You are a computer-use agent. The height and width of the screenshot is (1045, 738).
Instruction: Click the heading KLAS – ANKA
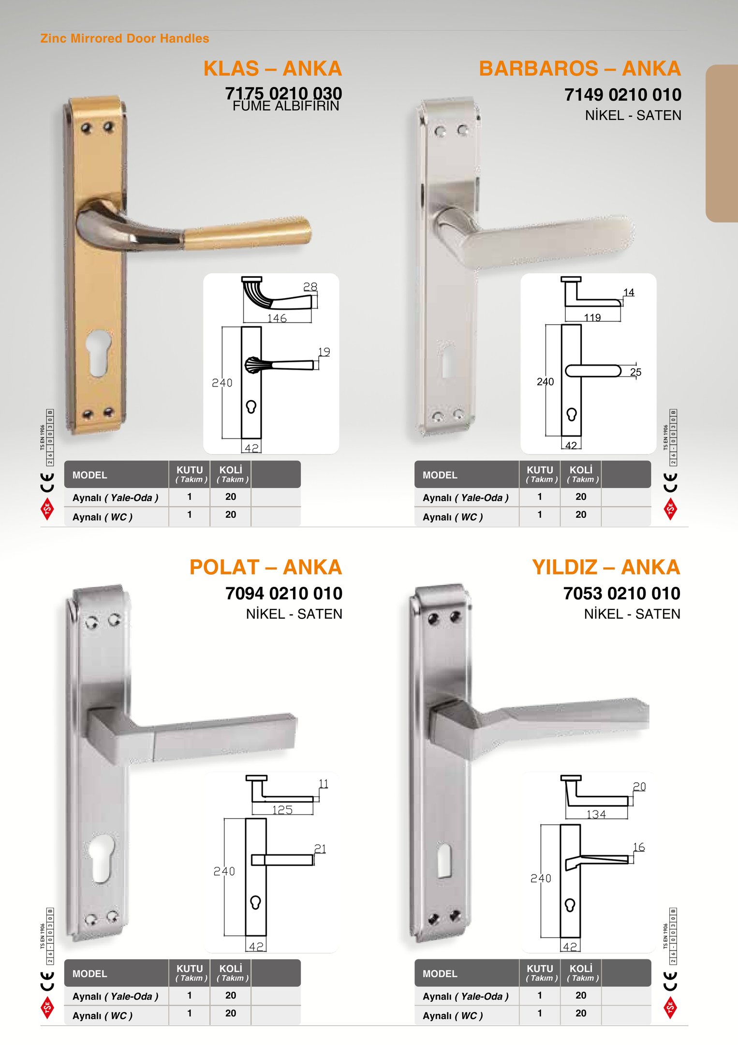click(x=273, y=69)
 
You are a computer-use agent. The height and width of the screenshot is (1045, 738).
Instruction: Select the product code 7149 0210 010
click(x=623, y=95)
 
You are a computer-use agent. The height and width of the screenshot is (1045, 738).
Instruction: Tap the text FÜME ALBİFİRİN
click(x=286, y=106)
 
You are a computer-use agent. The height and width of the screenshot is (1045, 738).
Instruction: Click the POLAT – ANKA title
click(x=266, y=567)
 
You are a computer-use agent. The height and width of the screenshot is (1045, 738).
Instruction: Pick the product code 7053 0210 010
click(x=622, y=593)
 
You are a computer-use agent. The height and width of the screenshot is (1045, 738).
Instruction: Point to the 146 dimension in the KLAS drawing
click(x=277, y=318)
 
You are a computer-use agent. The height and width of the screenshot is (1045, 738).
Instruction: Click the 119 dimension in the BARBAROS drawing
click(x=592, y=317)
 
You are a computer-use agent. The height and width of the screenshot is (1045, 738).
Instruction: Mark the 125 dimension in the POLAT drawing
click(x=282, y=809)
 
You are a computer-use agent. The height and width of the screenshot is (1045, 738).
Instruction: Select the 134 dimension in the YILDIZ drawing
click(x=596, y=814)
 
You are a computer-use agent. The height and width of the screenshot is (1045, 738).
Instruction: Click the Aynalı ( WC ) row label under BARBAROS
click(x=453, y=517)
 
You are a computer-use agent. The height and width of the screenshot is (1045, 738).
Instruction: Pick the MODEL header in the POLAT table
click(x=90, y=973)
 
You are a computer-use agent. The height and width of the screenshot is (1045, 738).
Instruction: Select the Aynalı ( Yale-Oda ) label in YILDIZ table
click(x=466, y=996)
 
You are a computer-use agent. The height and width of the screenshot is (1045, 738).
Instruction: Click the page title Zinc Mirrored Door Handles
click(x=125, y=38)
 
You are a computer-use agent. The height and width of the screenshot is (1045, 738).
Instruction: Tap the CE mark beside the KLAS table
click(x=47, y=482)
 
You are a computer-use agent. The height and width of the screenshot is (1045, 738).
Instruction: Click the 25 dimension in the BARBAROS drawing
click(x=635, y=372)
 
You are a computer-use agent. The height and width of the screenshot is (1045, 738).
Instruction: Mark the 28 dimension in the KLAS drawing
click(x=310, y=286)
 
